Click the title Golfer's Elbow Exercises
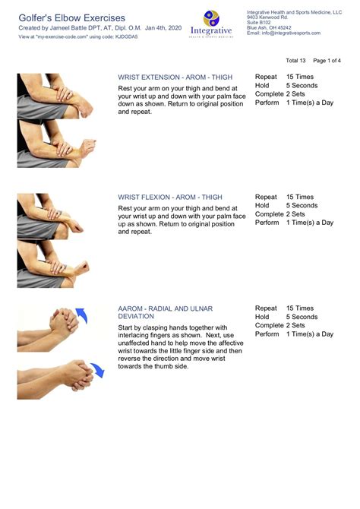pyautogui.click(x=71, y=17)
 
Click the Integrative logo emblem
pyautogui.click(x=211, y=18)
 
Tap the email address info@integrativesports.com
pyautogui.click(x=283, y=33)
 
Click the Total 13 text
pyautogui.click(x=295, y=60)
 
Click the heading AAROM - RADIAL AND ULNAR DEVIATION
pyautogui.click(x=166, y=313)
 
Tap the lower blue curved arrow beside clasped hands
pyautogui.click(x=96, y=370)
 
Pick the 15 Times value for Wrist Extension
pyautogui.click(x=299, y=77)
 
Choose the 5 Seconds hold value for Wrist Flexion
pyautogui.click(x=302, y=205)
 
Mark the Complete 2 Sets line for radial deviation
pyautogui.click(x=279, y=325)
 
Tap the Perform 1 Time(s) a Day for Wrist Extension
pyautogui.click(x=293, y=103)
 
